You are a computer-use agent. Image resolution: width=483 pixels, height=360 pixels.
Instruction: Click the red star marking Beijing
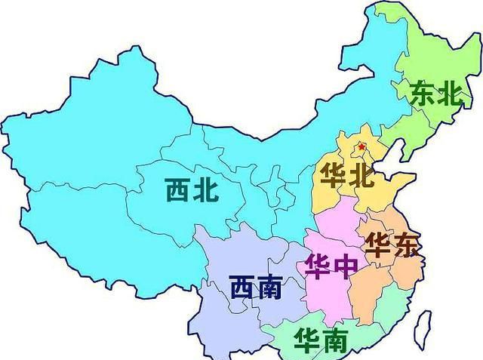[361, 146]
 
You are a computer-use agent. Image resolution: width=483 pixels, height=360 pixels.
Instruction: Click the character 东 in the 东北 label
[421, 94]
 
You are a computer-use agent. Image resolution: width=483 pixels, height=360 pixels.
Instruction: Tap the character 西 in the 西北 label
[178, 189]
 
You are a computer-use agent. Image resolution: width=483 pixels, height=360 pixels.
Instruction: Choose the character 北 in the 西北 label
[207, 189]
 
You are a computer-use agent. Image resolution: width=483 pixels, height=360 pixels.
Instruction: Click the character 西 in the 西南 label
[241, 288]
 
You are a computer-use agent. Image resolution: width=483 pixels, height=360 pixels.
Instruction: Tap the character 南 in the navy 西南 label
[269, 288]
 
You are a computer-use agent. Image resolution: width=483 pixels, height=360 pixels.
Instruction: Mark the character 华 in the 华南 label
[307, 340]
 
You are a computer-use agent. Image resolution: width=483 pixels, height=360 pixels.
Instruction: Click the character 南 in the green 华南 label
[336, 340]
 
